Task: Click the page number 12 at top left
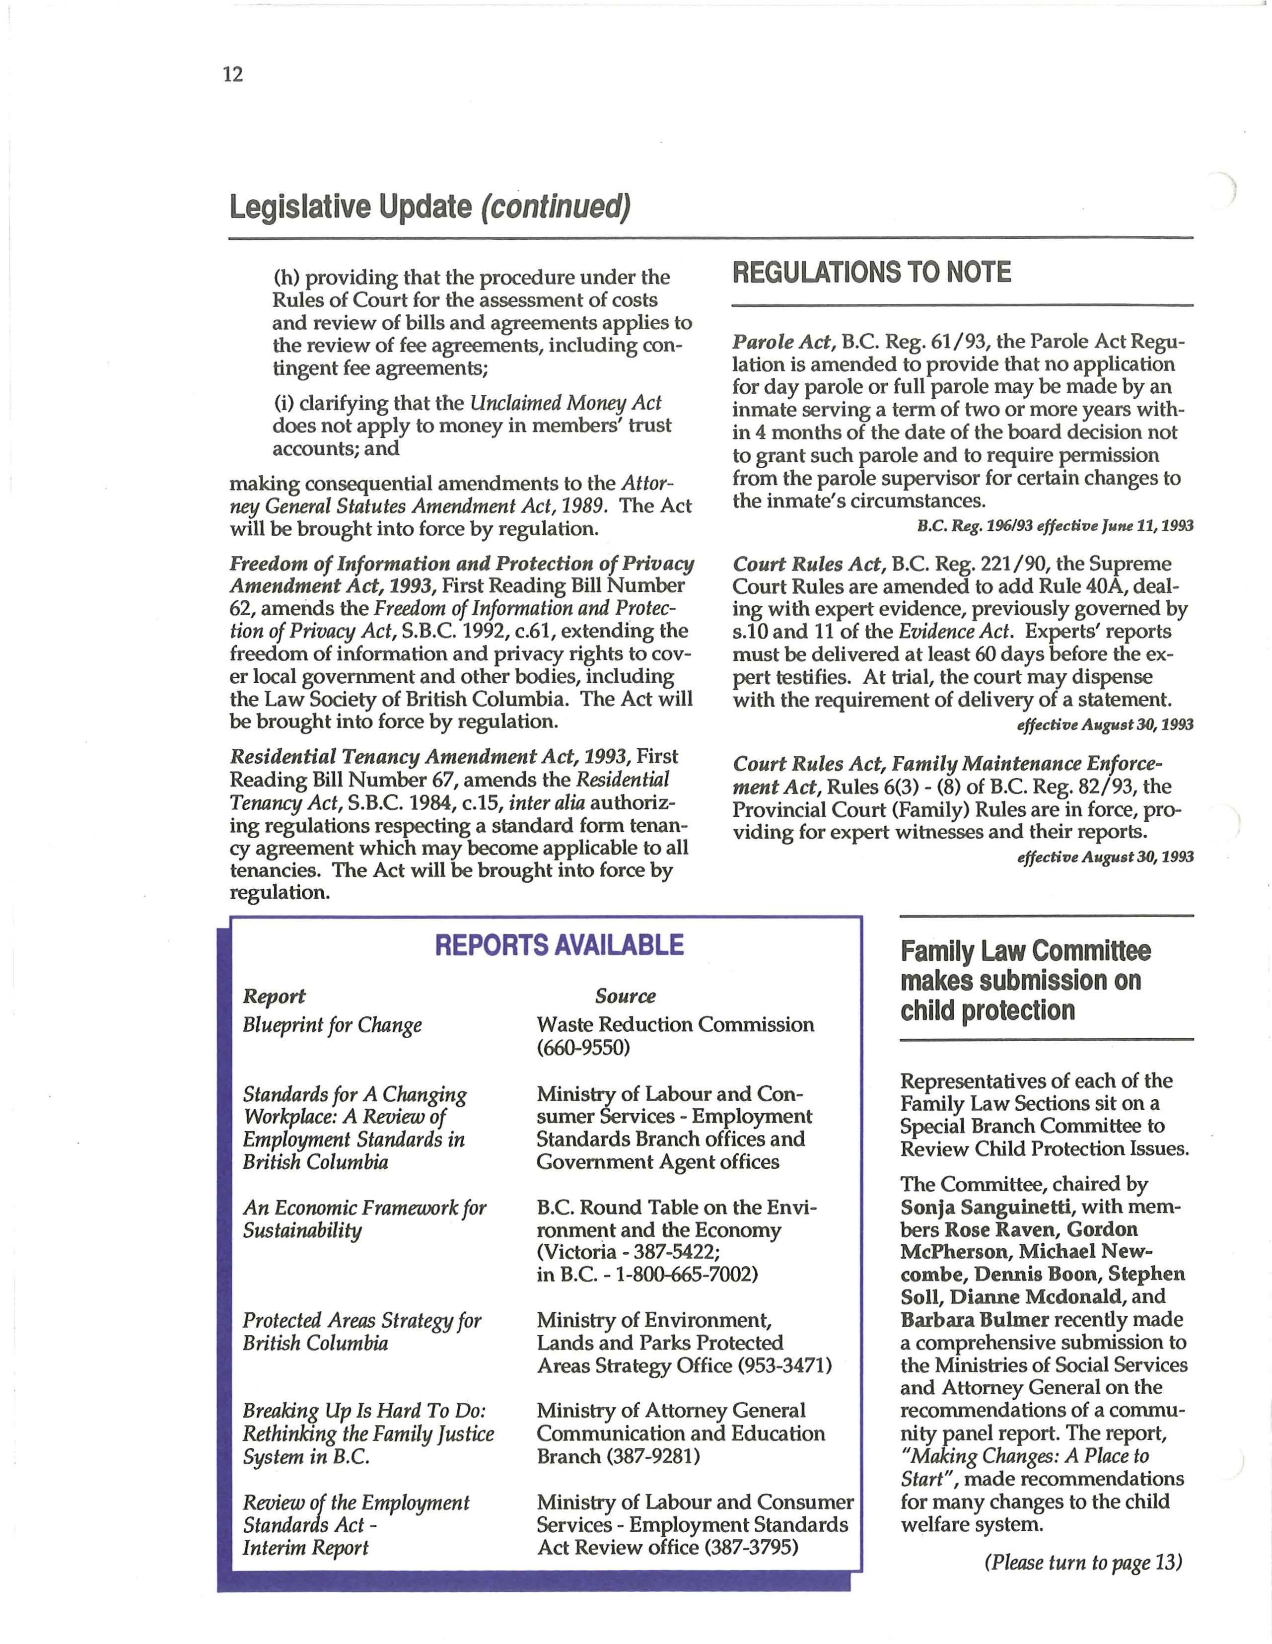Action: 233,74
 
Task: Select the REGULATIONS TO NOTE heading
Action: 872,273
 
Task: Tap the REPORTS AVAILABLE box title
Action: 559,945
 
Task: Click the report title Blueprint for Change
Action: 332,1025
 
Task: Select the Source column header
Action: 625,996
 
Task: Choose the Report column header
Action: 274,996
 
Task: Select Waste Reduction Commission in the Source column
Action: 675,1024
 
